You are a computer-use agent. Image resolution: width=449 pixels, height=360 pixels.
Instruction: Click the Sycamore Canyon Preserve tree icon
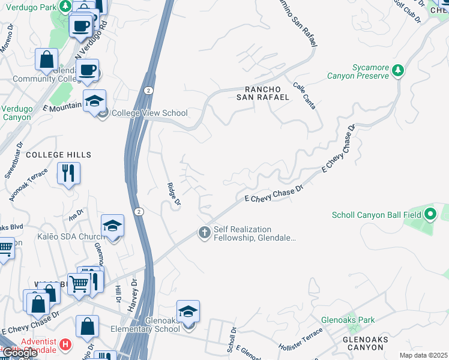tap(397, 71)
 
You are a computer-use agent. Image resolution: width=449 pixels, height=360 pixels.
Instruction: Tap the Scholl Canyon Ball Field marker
tap(430, 214)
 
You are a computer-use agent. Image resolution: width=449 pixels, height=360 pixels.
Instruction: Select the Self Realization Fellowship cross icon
tap(204, 233)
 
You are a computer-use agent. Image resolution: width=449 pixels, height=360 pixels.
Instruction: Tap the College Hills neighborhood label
tap(58, 155)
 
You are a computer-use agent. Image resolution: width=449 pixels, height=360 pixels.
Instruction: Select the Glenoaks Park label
tap(348, 320)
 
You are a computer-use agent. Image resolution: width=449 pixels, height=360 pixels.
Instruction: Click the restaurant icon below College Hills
tap(68, 173)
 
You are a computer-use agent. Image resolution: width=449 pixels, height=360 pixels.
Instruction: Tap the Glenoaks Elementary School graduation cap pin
tap(188, 312)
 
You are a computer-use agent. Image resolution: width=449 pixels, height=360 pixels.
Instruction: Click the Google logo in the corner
tap(20, 353)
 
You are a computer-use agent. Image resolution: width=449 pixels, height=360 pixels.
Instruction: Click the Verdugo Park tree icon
tap(64, 5)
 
